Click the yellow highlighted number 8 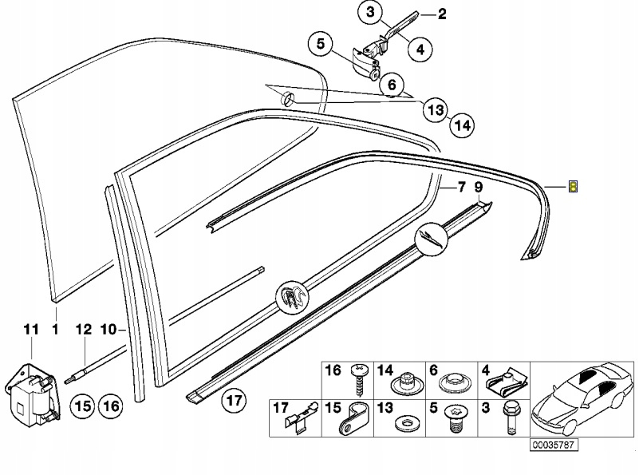(x=573, y=187)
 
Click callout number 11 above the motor (x=30, y=329)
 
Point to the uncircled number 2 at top (x=441, y=14)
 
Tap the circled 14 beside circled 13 (x=461, y=124)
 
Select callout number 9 (x=479, y=188)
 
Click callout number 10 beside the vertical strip (x=109, y=329)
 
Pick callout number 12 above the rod (x=84, y=329)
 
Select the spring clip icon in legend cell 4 (x=508, y=378)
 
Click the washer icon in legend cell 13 (x=407, y=420)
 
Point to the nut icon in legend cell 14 (x=407, y=382)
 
